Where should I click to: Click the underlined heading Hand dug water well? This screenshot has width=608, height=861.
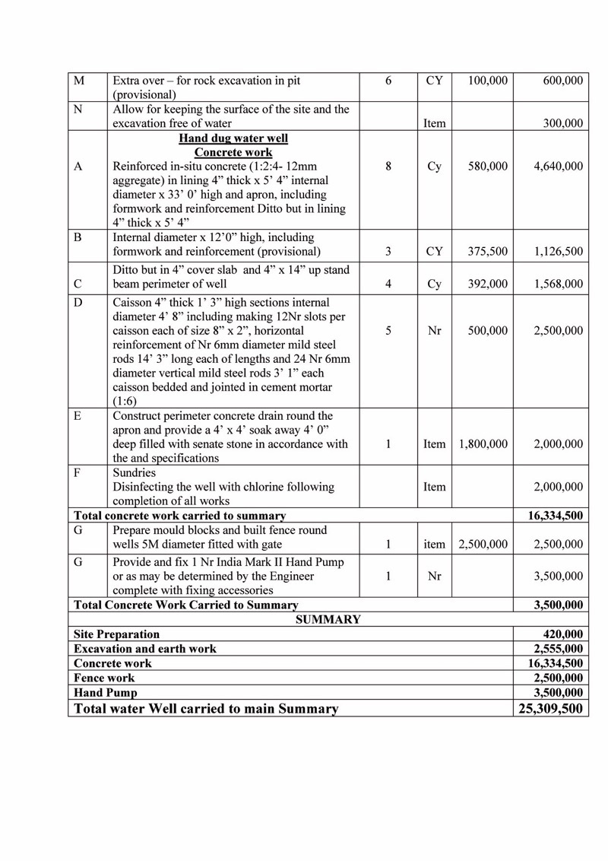233,138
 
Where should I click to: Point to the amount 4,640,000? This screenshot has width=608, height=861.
559,167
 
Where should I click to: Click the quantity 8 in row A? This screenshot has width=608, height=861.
388,167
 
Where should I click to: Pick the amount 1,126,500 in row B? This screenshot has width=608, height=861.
559,252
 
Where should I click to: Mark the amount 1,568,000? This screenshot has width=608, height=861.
559,284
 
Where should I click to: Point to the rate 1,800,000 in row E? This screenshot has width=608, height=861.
483,444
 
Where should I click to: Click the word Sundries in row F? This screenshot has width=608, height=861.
135,472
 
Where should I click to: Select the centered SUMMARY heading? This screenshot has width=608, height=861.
328,620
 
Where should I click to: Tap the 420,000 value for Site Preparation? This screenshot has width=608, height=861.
562,634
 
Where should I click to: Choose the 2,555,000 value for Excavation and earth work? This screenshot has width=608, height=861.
559,649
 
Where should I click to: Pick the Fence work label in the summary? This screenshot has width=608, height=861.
104,678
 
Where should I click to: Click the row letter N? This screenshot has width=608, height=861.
78,110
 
